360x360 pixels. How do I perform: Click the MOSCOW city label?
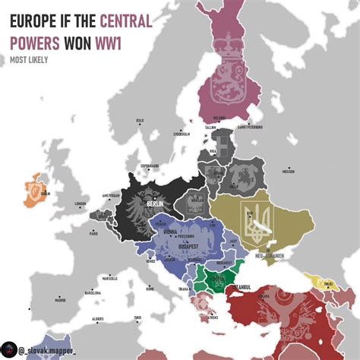click(288, 172)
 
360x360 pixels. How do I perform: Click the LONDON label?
click(81, 204)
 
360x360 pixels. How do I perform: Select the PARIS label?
click(93, 234)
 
